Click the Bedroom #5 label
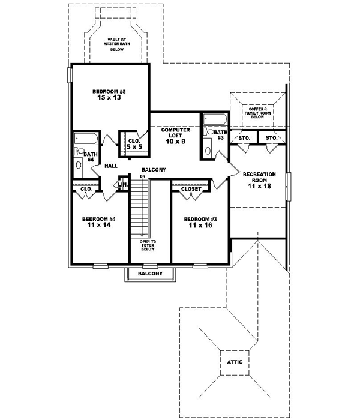coord(109,91)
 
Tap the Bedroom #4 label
coord(98,219)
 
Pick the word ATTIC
coord(235,362)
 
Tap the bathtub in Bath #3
coord(215,119)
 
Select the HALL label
coord(110,166)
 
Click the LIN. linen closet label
coord(123,184)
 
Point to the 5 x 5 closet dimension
coord(134,146)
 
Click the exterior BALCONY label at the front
coord(150,274)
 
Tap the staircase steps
coord(140,210)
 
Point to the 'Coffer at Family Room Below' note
coord(257,113)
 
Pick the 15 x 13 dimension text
coord(109,98)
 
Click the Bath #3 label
coord(221,135)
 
